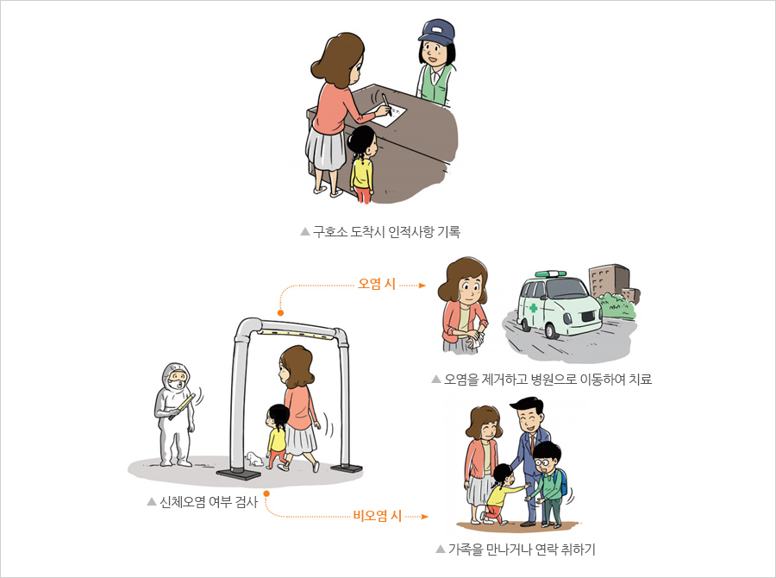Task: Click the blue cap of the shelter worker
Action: [x=436, y=32]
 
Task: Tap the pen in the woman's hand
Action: [x=386, y=104]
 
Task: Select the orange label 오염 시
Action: [x=377, y=284]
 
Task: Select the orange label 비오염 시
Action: [x=377, y=516]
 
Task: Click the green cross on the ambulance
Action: [x=534, y=308]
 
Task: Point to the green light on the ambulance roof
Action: [x=550, y=273]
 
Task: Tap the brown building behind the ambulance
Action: [x=610, y=281]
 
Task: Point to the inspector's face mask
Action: [x=176, y=385]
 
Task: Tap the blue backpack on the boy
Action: [x=562, y=482]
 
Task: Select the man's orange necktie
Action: [x=532, y=443]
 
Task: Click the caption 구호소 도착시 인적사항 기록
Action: [x=386, y=232]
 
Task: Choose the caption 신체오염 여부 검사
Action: [x=209, y=502]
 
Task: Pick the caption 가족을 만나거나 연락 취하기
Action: [x=522, y=550]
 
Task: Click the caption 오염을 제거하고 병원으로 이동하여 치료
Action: [x=548, y=380]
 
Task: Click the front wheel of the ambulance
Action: [x=553, y=330]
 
